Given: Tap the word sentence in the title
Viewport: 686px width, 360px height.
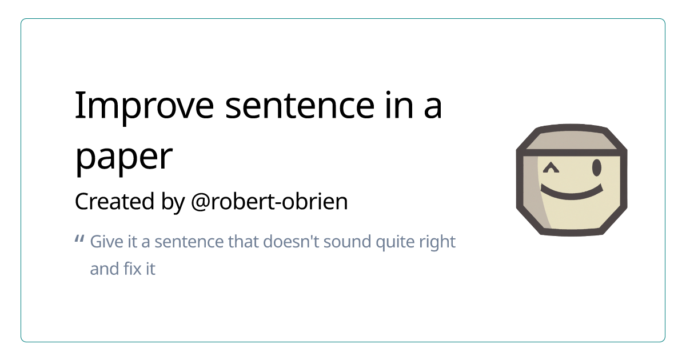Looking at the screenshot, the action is click(300, 106).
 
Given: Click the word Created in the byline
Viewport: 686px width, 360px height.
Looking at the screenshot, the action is click(114, 201).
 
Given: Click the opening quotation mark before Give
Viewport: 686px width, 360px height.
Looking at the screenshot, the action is click(79, 239).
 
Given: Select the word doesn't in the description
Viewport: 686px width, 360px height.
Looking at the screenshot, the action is click(290, 242).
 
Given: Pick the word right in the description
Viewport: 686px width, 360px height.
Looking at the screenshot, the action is click(438, 242).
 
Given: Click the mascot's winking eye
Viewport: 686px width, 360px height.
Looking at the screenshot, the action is click(551, 168).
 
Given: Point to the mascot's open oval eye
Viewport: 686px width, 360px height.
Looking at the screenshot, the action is click(597, 168).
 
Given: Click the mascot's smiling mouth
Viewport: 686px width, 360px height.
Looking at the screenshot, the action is click(572, 192).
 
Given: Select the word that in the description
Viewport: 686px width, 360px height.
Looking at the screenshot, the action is click(244, 242).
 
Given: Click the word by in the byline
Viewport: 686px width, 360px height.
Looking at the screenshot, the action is click(173, 202).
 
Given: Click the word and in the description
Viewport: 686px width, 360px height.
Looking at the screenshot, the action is click(104, 269).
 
